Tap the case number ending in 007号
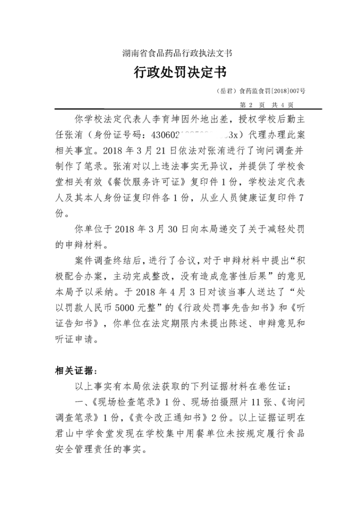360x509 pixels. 262,91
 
